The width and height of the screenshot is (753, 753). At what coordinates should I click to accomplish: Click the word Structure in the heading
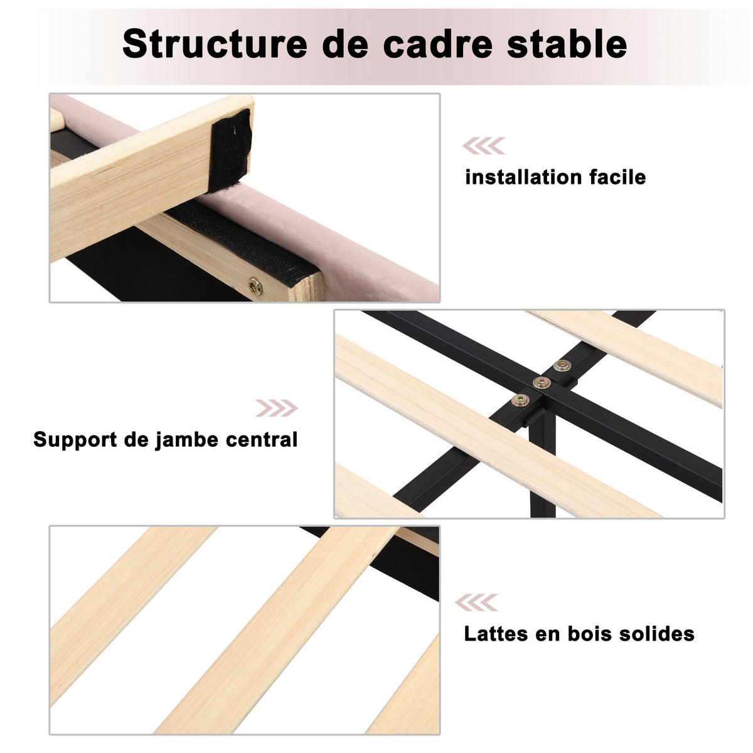[215, 44]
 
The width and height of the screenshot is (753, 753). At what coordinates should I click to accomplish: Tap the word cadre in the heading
[437, 44]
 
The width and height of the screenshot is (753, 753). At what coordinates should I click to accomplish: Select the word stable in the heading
[567, 44]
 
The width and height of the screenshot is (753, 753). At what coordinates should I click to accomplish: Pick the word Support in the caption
[75, 440]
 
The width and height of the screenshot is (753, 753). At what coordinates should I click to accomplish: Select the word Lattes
[496, 634]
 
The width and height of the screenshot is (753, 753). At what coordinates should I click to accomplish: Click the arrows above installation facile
[484, 146]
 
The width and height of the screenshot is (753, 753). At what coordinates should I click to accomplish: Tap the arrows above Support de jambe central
[277, 408]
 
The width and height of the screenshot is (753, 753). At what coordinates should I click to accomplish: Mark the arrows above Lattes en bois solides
[476, 602]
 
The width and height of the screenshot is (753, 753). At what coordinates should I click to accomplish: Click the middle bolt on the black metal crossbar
[542, 382]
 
